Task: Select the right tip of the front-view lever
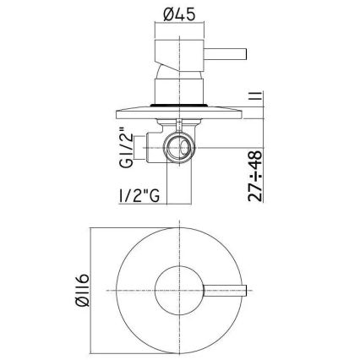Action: [x=245, y=291]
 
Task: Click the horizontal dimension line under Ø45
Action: [x=179, y=36]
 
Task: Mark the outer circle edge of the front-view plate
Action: [x=179, y=228]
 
